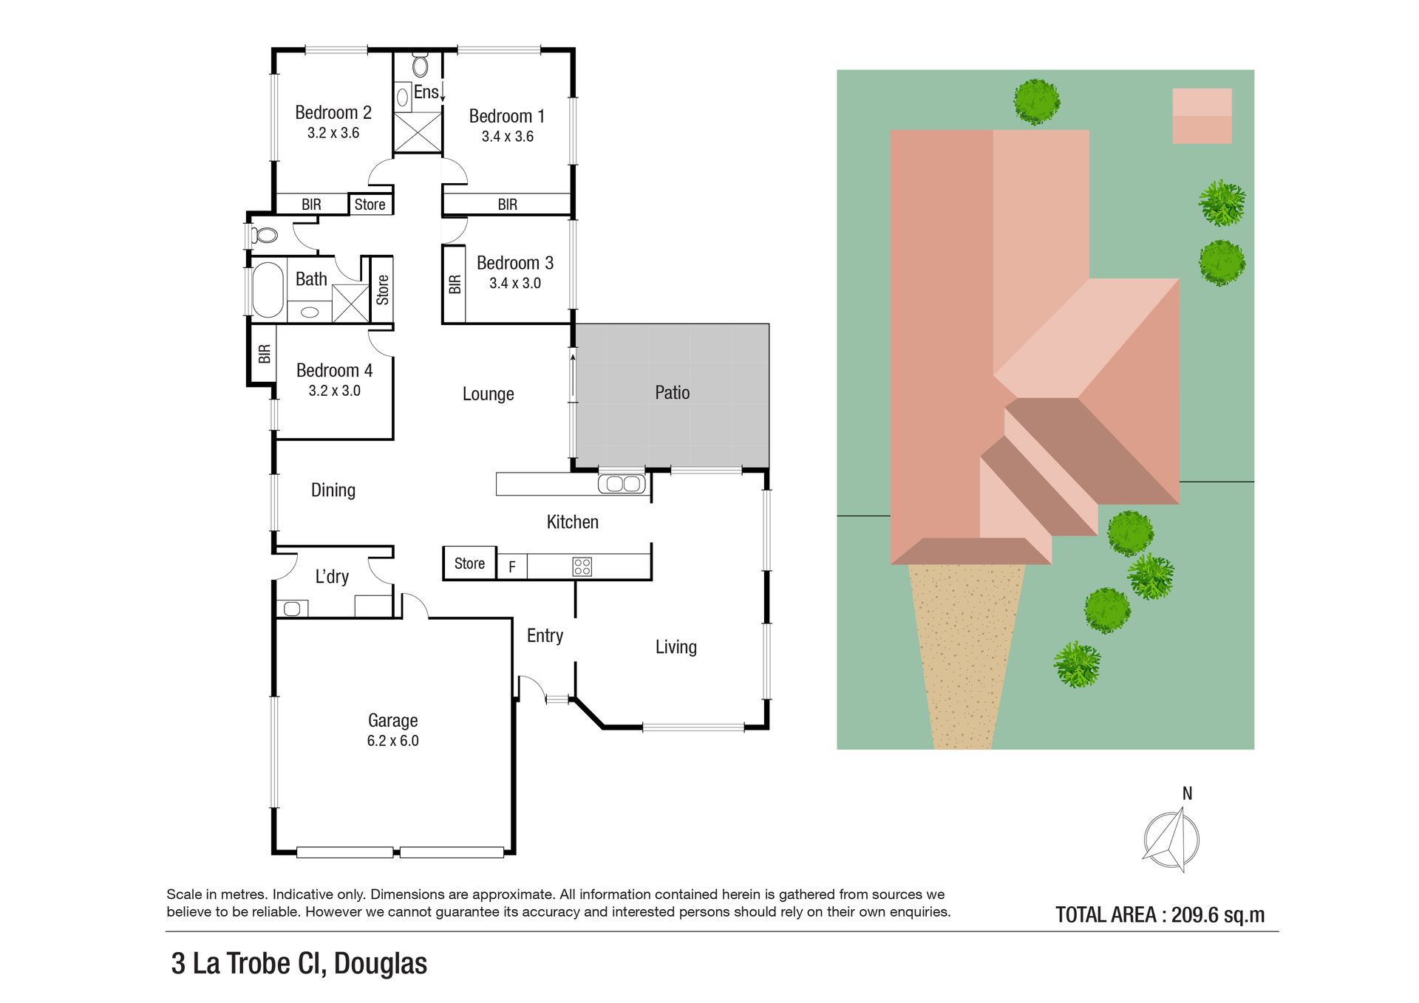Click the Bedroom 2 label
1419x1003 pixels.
333,112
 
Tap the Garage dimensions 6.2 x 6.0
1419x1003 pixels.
392,741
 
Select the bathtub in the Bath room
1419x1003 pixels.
268,290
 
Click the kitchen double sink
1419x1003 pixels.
623,485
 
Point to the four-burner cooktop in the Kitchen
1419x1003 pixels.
582,567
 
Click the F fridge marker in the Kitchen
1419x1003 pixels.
511,568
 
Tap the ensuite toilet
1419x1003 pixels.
421,65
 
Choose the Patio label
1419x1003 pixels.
672,392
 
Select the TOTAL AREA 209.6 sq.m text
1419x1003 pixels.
1160,914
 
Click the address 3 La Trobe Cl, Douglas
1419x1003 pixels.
299,963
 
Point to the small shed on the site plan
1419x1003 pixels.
1202,116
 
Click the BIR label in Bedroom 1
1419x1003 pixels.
507,205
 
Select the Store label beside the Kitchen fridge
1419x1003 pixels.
469,564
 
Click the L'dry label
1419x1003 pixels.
332,576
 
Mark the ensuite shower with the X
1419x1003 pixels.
418,133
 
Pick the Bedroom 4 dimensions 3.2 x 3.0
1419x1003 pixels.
334,391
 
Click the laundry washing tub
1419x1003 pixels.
292,609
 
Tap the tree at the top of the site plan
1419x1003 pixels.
1036,102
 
